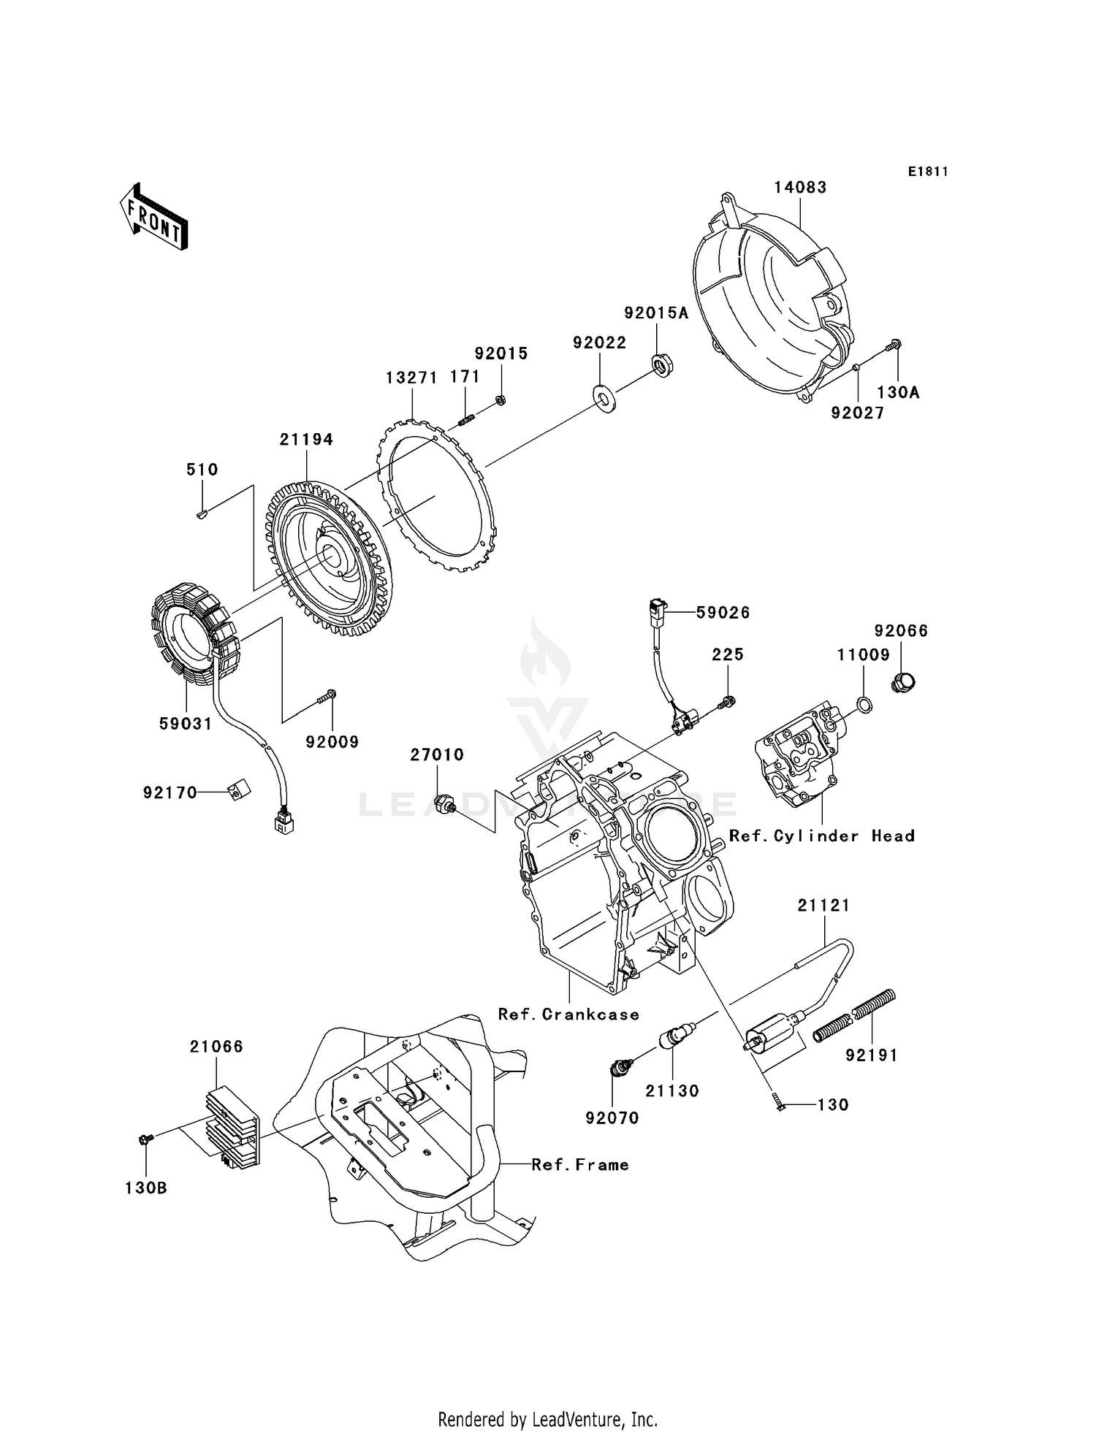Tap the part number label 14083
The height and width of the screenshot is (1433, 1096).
click(x=800, y=187)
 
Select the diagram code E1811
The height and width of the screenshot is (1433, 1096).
click(x=928, y=172)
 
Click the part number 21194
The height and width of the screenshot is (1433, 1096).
click(x=305, y=439)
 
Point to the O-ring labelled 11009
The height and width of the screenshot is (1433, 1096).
click(x=864, y=705)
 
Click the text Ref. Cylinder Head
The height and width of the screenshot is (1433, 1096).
click(x=822, y=836)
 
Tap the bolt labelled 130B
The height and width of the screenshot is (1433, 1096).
click(x=145, y=1139)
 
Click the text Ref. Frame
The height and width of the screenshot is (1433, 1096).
click(x=579, y=1164)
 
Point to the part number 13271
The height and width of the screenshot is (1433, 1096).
click(x=411, y=378)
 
